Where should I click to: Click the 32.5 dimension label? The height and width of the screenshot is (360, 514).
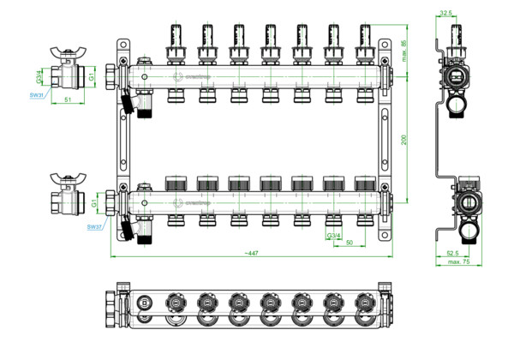(x=469, y=13)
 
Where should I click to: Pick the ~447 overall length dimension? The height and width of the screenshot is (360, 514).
(x=252, y=255)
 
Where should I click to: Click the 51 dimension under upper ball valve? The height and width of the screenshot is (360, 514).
(x=68, y=99)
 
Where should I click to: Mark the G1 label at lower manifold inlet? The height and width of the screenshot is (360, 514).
(x=95, y=204)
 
